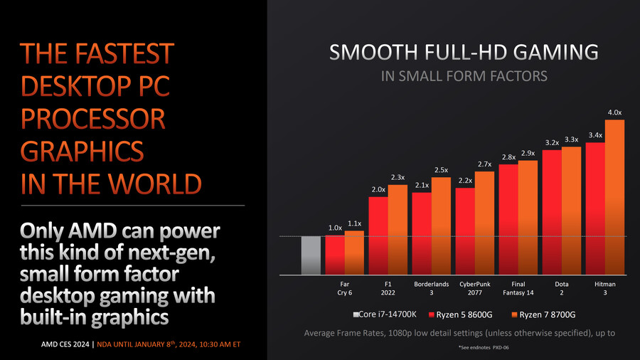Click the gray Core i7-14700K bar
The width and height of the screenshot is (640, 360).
[311, 255]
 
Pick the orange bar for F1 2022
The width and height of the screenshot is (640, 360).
[398, 229]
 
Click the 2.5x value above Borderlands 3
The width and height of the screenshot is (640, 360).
[441, 170]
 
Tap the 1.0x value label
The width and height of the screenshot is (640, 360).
[335, 228]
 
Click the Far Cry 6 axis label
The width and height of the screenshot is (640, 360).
[345, 288]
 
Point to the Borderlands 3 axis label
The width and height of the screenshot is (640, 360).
[432, 288]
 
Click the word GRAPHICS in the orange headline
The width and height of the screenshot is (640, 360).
[81, 152]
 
